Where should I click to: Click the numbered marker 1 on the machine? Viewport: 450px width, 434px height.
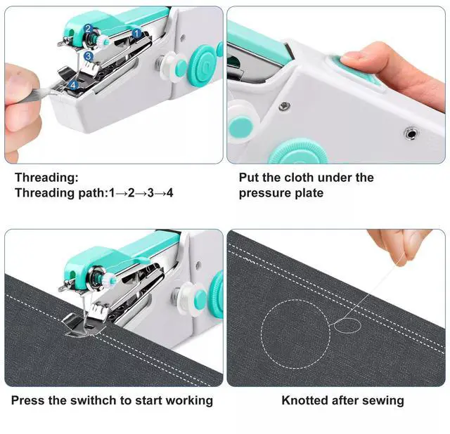[136, 33]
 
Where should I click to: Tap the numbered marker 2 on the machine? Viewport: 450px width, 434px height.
[88, 29]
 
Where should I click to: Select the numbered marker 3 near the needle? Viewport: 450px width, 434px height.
[89, 56]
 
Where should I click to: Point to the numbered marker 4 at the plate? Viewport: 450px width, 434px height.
[73, 85]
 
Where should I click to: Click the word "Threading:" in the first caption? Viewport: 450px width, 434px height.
[46, 178]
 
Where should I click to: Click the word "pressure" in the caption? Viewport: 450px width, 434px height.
[266, 193]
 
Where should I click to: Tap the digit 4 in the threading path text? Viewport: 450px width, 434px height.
[170, 193]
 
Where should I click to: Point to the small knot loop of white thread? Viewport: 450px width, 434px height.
[347, 326]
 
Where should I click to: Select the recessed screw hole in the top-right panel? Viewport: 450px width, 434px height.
[411, 133]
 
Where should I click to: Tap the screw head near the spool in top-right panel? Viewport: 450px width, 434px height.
[284, 106]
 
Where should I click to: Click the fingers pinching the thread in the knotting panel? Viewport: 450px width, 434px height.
[399, 246]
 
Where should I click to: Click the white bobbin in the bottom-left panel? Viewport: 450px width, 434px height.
[186, 298]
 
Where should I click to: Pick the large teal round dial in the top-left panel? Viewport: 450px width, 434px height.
[203, 65]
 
